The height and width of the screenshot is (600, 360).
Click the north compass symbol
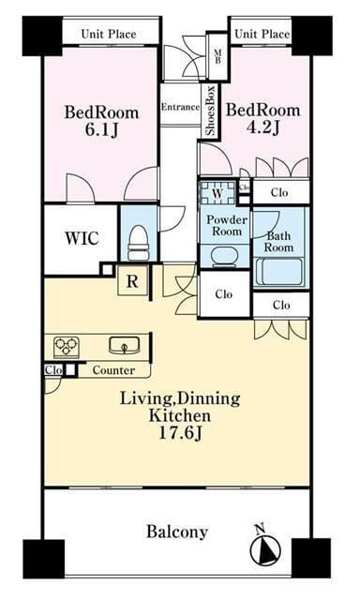pos(264,548)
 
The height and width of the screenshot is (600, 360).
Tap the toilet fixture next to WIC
pos(138,243)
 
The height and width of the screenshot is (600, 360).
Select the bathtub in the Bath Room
pos(278,272)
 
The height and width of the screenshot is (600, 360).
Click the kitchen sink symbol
pos(124,345)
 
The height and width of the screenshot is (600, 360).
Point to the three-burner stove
pos(67,347)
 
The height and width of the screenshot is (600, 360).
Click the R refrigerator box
pos(132,281)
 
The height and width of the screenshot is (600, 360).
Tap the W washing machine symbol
pos(217,192)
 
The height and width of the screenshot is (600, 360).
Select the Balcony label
pos(177,532)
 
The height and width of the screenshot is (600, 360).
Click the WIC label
pos(82,238)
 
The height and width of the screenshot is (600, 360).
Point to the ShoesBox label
pos(210,111)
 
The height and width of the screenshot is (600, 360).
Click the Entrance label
pos(180,107)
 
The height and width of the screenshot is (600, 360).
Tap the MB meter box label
pos(217,57)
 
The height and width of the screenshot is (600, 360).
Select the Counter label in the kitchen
pos(113,370)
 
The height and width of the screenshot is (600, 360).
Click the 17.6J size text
pos(180,433)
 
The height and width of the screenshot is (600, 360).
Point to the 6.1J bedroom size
pos(101,130)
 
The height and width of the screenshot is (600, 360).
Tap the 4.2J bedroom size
pos(262,127)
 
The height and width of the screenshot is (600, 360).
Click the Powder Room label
pos(227,225)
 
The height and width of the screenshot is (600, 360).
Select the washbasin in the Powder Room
pos(225,257)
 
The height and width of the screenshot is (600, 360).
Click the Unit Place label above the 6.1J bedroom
pos(109,34)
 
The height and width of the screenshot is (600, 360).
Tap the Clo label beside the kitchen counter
pos(53,370)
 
